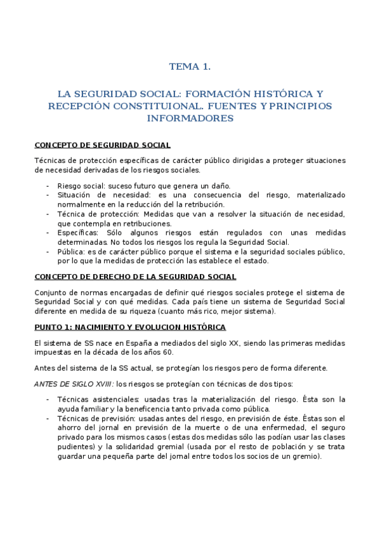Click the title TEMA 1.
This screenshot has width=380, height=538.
(190, 66)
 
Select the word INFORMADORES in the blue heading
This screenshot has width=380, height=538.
(190, 118)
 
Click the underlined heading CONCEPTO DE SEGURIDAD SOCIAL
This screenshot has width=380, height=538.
(102, 145)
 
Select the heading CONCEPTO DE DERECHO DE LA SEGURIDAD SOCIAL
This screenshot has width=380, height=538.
(135, 277)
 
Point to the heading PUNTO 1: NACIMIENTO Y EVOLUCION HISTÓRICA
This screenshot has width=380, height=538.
(130, 327)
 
